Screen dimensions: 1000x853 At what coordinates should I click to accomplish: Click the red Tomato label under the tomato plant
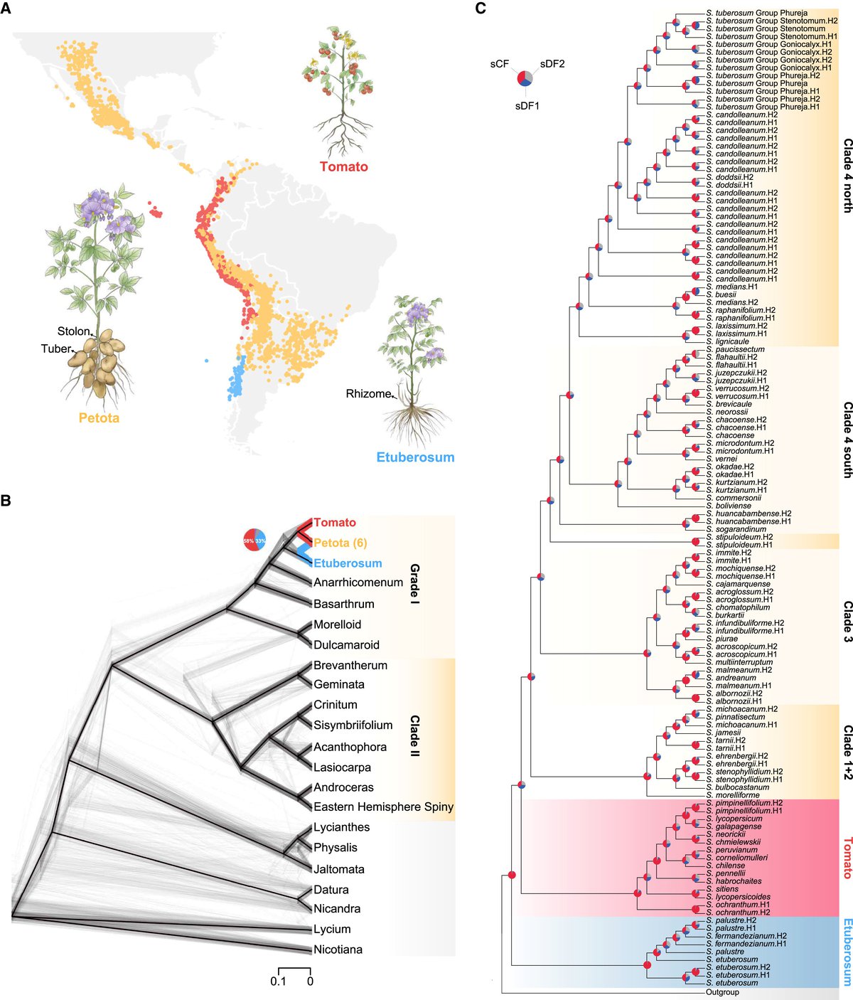[x=344, y=167]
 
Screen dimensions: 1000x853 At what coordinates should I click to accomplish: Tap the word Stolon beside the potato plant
[x=74, y=331]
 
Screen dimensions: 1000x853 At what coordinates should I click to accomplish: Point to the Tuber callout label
[x=56, y=349]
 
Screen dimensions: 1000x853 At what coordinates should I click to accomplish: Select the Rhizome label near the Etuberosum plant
[x=368, y=393]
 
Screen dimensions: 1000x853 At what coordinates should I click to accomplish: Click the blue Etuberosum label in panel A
[x=415, y=457]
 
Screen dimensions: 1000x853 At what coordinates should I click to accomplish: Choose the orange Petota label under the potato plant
[x=99, y=417]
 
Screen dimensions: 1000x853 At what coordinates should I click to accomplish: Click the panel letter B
[x=6, y=500]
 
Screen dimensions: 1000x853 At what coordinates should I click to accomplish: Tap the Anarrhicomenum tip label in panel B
[x=358, y=583]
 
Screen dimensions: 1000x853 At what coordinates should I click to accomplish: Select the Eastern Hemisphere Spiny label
[x=383, y=807]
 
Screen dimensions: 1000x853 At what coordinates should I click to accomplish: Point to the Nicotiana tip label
[x=338, y=950]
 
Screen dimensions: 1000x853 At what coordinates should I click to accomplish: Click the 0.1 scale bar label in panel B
[x=278, y=982]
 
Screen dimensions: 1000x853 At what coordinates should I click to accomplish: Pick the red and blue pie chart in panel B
[x=254, y=541]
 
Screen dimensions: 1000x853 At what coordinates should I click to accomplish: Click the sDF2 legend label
[x=552, y=64]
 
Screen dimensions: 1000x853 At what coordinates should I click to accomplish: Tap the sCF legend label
[x=499, y=64]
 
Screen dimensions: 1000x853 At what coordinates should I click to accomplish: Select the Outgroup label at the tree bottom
[x=722, y=991]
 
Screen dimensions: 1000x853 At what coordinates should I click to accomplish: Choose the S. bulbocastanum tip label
[x=737, y=787]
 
